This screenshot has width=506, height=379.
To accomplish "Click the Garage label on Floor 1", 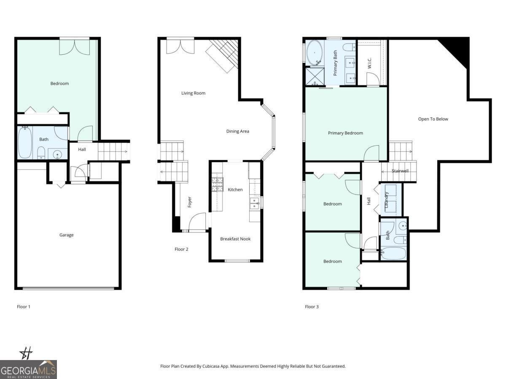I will click(66, 235).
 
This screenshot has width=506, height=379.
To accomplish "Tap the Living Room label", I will click(193, 93).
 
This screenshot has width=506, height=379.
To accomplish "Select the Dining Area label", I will click(237, 131).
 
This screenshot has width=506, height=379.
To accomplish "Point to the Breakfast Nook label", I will click(235, 239).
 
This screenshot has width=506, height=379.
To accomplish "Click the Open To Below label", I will click(433, 119).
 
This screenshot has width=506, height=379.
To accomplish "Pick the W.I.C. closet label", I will click(369, 64).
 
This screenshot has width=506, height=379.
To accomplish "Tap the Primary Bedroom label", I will click(345, 133).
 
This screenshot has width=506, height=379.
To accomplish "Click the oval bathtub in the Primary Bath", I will click(314, 53).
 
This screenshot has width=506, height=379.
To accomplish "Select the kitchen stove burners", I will click(217, 184).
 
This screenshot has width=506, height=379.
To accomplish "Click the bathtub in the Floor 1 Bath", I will click(25, 143).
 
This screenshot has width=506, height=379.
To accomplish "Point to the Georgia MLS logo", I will click(28, 369).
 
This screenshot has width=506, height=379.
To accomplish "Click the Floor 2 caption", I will click(181, 249).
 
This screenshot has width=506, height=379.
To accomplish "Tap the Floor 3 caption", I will click(312, 307).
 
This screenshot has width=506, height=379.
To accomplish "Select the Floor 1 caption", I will click(24, 307).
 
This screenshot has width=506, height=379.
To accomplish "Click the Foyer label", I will click(189, 202).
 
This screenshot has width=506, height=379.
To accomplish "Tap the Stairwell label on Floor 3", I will click(400, 171).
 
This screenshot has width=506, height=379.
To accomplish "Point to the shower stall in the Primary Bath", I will click(314, 77).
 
